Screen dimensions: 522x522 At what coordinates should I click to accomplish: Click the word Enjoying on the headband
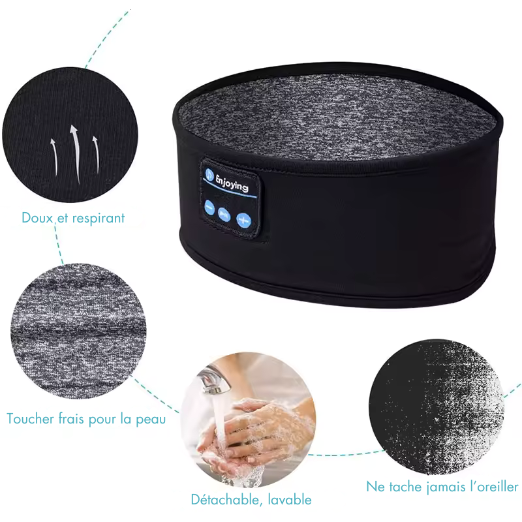point(232,183)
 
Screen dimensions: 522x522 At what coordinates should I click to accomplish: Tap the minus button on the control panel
point(209,208)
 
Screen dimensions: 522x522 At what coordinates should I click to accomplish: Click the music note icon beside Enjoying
point(209,174)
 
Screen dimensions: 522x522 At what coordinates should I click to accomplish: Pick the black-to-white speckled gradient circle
point(435,405)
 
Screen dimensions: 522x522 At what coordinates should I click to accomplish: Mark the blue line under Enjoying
point(232,194)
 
